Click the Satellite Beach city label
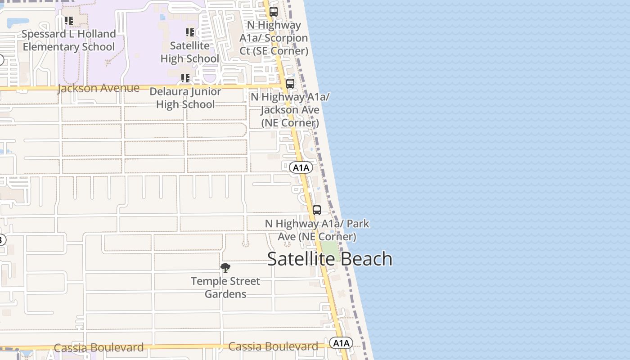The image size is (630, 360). click(x=329, y=259)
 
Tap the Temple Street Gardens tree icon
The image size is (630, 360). click(x=225, y=268)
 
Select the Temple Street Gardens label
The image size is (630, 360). click(x=225, y=288)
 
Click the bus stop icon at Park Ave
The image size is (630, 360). click(x=317, y=210)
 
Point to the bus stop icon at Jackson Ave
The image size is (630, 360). click(x=290, y=83)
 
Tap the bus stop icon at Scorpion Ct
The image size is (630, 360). click(x=274, y=12)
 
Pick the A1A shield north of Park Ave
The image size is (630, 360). click(x=301, y=168)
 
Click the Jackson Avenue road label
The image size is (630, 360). click(x=99, y=88)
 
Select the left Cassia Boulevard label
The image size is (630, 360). click(x=99, y=348)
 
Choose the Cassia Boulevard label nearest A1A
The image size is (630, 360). click(x=273, y=346)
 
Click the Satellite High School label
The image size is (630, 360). click(x=189, y=52)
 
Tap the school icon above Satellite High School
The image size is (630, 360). click(x=190, y=32)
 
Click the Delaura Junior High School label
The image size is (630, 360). click(x=185, y=98)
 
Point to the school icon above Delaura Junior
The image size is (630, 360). click(x=185, y=78)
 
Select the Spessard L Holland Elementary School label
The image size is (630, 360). click(x=69, y=40)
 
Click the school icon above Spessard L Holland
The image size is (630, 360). click(x=69, y=20)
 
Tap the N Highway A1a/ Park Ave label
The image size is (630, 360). click(x=317, y=230)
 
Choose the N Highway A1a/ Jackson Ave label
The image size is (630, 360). click(x=290, y=110)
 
